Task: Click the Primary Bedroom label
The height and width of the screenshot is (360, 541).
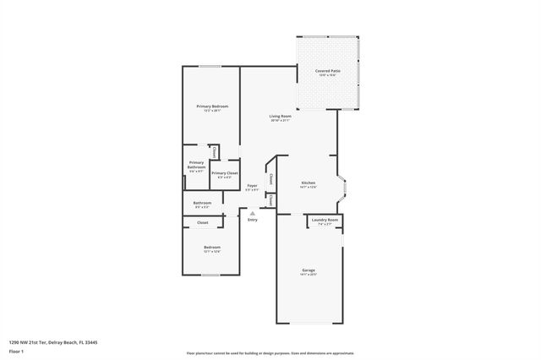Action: coord(212,106)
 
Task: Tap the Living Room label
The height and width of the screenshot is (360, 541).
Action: coord(280,116)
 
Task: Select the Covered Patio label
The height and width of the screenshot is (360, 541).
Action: coord(327,71)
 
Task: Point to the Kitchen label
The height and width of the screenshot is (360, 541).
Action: coord(309,183)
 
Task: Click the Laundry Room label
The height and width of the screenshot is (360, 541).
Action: coord(325,221)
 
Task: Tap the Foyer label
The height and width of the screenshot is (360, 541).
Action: coord(252,185)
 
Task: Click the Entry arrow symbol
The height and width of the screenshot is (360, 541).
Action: coord(252,213)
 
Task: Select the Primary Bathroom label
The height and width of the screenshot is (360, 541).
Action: coord(196,165)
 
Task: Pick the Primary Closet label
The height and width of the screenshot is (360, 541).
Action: coord(224,172)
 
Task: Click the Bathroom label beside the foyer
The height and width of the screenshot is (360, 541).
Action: coord(202,202)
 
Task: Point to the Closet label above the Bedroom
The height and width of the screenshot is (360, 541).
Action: coord(203,222)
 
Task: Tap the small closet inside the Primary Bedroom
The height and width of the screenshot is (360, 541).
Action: coord(215,152)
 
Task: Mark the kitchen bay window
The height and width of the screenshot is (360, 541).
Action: coord(341,188)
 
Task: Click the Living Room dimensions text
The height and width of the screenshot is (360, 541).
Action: coord(280,121)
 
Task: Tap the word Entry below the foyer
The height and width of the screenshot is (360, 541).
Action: coord(252,220)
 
